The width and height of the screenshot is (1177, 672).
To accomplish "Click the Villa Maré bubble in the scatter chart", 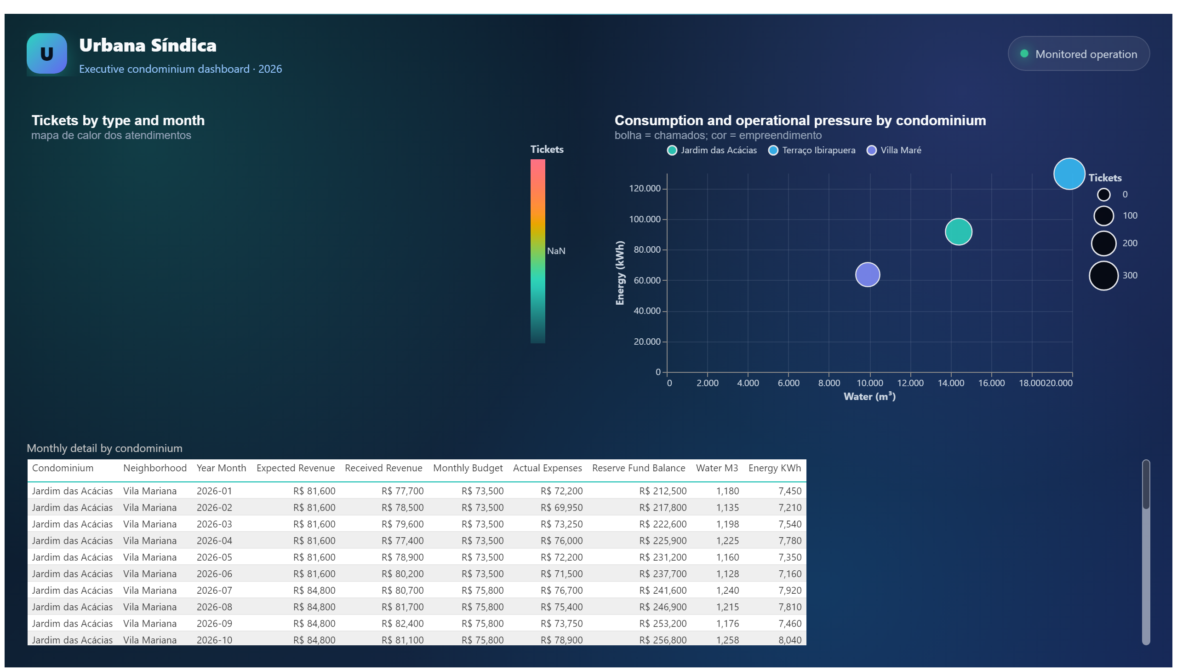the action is click(x=867, y=275).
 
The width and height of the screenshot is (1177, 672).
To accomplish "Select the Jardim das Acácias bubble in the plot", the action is click(x=958, y=232).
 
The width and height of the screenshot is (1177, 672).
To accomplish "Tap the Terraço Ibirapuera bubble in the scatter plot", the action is click(x=1068, y=174).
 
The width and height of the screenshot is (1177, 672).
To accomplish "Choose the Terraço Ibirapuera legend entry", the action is click(x=811, y=151).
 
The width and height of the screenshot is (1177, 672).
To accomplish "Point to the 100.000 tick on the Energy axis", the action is click(x=645, y=219).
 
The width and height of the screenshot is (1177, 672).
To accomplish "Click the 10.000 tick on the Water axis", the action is click(x=869, y=383).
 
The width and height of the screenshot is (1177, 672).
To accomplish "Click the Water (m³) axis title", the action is click(x=869, y=396).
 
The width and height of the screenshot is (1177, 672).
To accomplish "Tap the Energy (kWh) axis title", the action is click(x=620, y=273).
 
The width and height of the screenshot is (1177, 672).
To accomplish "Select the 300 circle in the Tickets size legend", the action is click(x=1103, y=276).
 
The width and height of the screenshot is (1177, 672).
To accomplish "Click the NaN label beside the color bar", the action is click(x=556, y=251).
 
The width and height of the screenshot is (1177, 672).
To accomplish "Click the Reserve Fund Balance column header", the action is click(x=639, y=468).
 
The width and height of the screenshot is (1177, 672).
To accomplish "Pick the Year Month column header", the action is click(x=221, y=468).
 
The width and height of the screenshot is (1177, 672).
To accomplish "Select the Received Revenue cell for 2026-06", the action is click(x=402, y=574).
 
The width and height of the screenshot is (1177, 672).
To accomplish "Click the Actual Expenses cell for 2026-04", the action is click(x=561, y=540).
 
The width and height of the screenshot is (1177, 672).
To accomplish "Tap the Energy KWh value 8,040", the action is click(x=790, y=640).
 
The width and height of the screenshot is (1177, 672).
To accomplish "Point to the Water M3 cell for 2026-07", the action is click(x=727, y=591).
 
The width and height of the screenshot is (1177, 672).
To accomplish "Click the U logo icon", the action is click(x=46, y=53).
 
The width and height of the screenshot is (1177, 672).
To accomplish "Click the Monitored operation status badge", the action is click(x=1078, y=54).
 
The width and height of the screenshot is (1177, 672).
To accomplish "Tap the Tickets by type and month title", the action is click(x=118, y=121).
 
